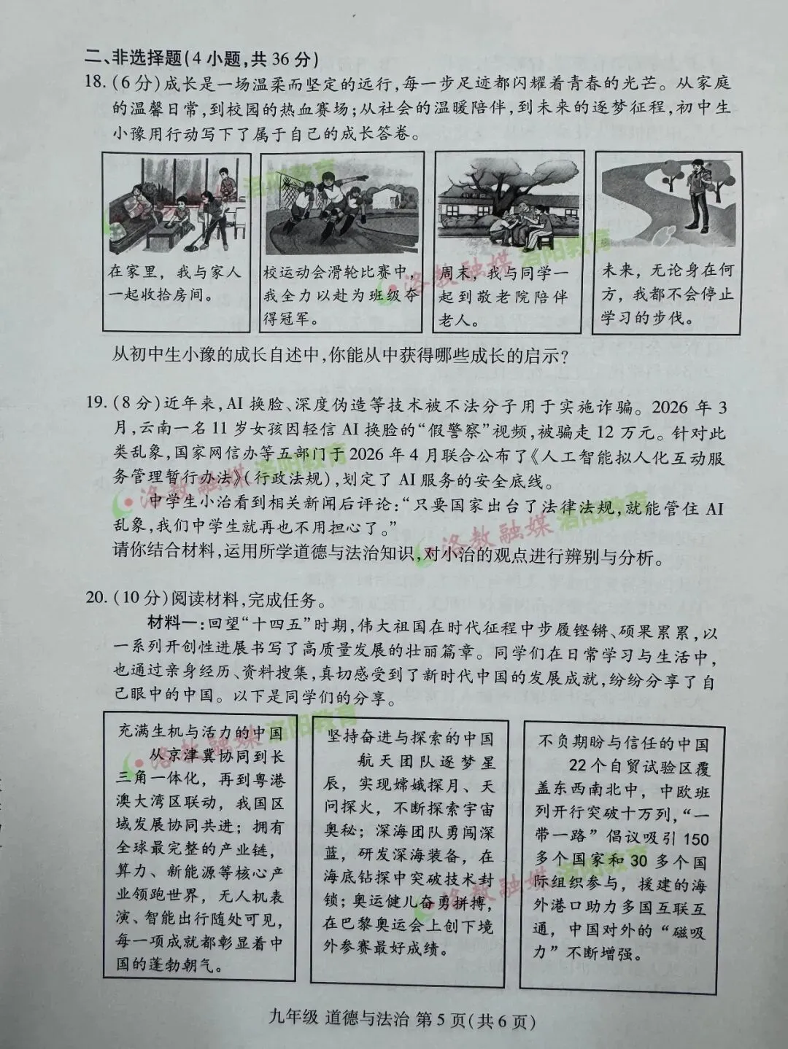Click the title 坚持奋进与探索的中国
click(409, 738)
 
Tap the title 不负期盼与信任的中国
click(622, 742)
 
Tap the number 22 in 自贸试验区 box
click(579, 765)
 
